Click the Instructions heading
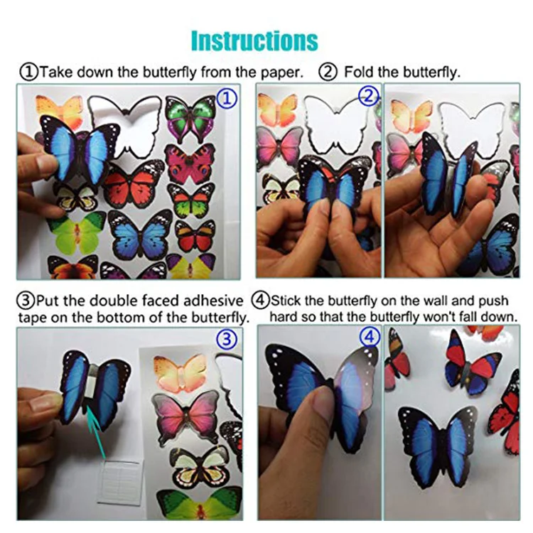254,40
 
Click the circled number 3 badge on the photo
226,340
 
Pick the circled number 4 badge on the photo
369,338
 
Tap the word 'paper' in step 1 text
280,72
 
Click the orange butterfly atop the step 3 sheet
181,371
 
